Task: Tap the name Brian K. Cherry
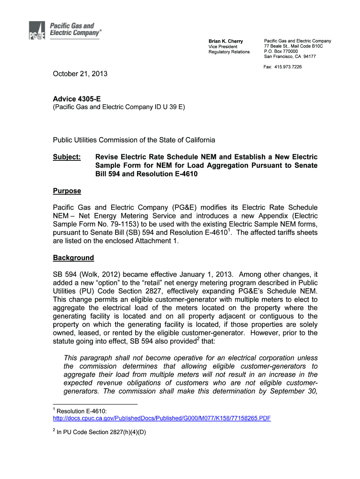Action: tap(225, 42)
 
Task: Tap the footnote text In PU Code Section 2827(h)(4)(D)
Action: tap(101, 432)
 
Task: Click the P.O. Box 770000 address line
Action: tap(281, 51)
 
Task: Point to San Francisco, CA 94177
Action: tap(290, 57)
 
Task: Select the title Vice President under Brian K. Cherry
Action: tap(223, 47)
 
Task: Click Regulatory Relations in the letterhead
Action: tap(229, 52)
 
